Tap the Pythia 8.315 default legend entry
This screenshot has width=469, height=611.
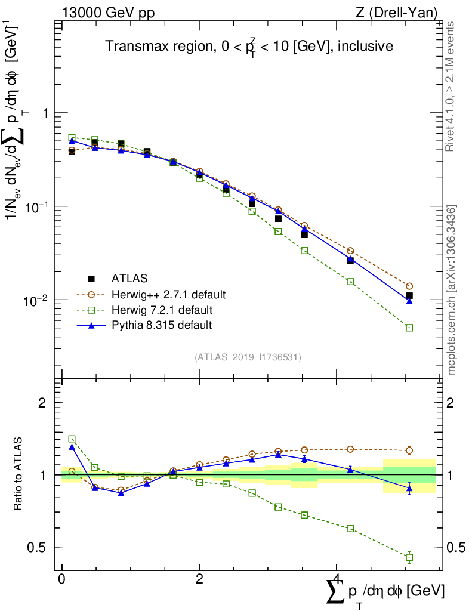click(x=161, y=326)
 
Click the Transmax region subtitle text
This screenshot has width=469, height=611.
click(x=249, y=47)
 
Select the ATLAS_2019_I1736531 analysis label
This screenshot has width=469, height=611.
click(x=248, y=357)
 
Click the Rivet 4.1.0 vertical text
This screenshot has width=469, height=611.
click(x=452, y=87)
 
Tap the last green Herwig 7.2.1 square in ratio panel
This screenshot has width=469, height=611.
click(x=409, y=557)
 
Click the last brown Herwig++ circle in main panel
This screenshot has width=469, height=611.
click(x=409, y=286)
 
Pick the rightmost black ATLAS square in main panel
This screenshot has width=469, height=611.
click(x=409, y=295)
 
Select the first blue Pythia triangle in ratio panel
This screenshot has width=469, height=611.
click(x=72, y=446)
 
